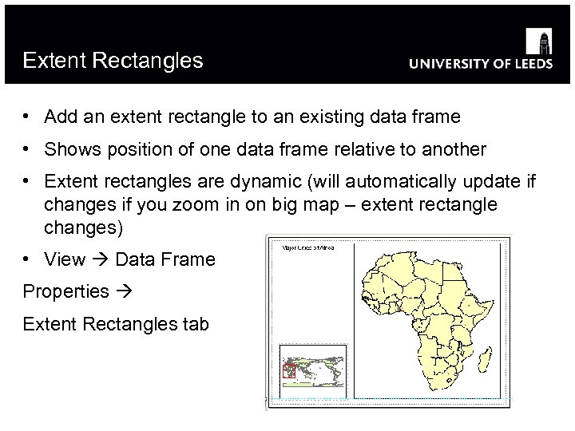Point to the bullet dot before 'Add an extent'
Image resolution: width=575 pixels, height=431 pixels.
tap(27, 117)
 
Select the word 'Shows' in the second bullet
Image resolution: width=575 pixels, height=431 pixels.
tap(69, 149)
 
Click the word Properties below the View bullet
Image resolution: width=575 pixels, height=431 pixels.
tap(65, 291)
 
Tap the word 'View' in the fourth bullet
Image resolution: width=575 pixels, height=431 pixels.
tap(65, 259)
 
